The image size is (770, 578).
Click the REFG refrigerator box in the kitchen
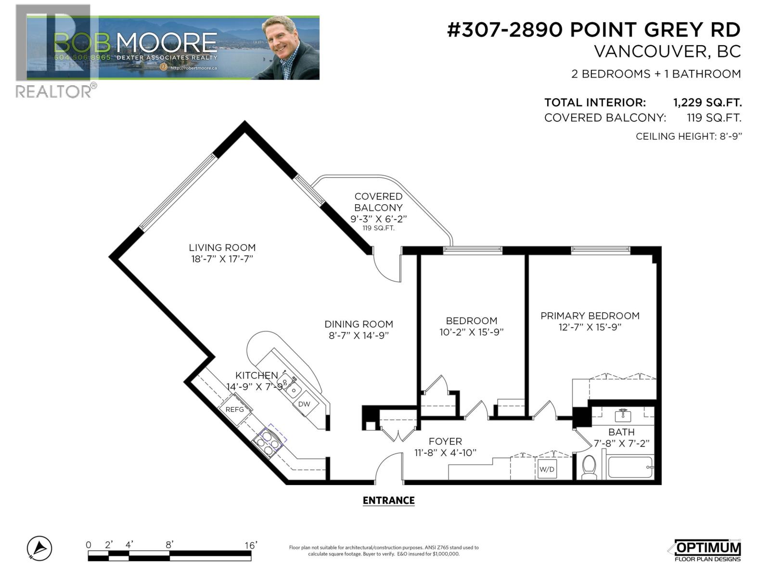tap(235, 409)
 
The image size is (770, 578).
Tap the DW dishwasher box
tap(304, 404)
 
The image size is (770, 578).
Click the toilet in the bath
tap(589, 467)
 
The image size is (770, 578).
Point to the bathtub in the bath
tap(630, 467)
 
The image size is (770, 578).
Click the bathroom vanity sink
tap(623, 414)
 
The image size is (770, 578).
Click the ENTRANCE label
tap(388, 500)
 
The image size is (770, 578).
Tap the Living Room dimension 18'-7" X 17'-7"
tap(222, 259)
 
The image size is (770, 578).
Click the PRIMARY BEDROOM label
tap(590, 315)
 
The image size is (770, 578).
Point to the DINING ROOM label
tap(359, 324)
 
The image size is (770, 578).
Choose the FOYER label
tap(445, 441)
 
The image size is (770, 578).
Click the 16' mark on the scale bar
tap(251, 545)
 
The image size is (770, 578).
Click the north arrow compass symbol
tap(39, 549)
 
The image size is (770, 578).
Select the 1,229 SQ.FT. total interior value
tap(707, 103)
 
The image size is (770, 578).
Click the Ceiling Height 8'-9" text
tap(689, 136)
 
